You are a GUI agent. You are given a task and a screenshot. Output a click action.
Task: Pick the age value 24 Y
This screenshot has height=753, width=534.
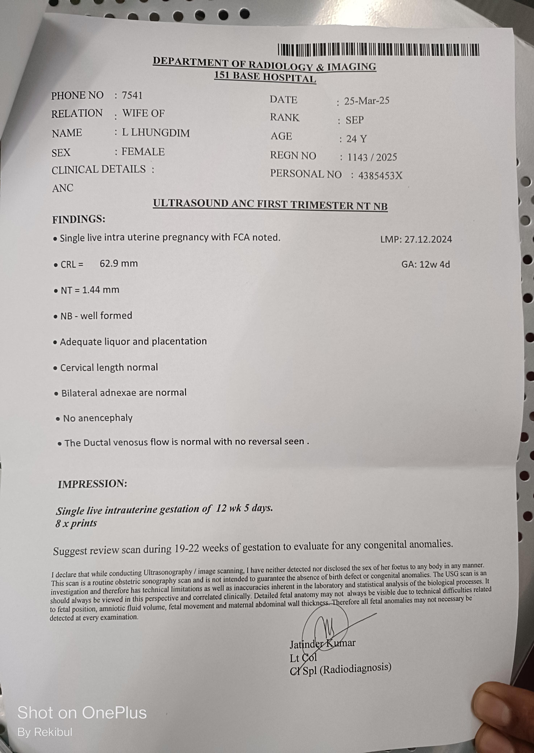(356, 139)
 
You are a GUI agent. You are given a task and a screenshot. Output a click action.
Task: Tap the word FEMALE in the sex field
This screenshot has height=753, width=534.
(143, 152)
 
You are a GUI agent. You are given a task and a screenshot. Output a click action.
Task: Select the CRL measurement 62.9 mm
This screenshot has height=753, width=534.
(119, 263)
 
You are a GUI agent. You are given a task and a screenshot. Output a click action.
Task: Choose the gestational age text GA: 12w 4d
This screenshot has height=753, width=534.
(425, 264)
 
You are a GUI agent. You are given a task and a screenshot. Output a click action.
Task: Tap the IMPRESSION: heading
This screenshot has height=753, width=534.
(92, 484)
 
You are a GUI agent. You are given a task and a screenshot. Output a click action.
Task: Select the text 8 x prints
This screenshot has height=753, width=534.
(76, 523)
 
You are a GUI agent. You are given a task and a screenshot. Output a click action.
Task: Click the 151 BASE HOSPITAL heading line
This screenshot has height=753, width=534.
(265, 77)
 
